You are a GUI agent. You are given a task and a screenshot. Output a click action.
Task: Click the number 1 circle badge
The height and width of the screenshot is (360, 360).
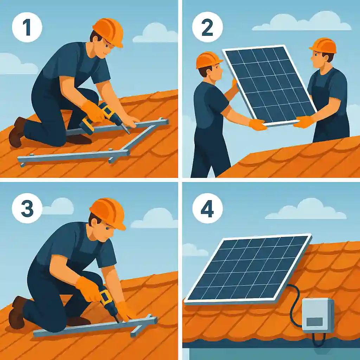coord(27,27)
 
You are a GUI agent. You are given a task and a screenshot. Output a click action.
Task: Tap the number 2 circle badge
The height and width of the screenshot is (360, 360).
coord(207,27)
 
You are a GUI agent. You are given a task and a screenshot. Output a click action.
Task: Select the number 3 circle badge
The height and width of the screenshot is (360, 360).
coord(27,208)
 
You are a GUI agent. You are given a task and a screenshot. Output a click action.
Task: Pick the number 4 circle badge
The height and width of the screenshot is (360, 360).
coord(207,208)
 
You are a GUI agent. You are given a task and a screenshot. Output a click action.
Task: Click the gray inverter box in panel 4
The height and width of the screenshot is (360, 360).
coord(318,315)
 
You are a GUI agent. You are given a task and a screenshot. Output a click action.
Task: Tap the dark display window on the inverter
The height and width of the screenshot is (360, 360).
coord(315,322)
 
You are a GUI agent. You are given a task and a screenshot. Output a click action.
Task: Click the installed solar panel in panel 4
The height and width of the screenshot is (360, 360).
coord(248,269)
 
